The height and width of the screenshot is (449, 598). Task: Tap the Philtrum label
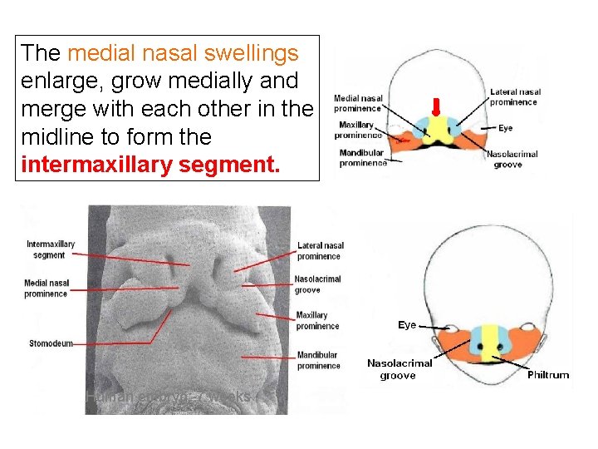548,375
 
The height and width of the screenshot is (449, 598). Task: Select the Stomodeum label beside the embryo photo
51,343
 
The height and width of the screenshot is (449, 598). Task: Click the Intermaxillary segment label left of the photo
51,249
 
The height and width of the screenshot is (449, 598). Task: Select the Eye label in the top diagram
506,129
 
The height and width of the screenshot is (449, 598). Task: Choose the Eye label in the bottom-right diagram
407,325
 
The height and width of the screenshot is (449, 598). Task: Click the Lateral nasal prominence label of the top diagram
515,97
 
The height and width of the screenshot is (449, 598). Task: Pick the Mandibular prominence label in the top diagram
362,158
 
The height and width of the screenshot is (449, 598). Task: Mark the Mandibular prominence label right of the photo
318,360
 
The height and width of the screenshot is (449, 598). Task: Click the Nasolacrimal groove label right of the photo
318,284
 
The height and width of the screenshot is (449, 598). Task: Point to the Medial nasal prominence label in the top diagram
358,103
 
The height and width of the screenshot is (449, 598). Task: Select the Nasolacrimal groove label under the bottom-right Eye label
399,369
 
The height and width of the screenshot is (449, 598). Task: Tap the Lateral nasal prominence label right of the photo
321,250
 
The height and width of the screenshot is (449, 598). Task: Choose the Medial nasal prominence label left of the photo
46,289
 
